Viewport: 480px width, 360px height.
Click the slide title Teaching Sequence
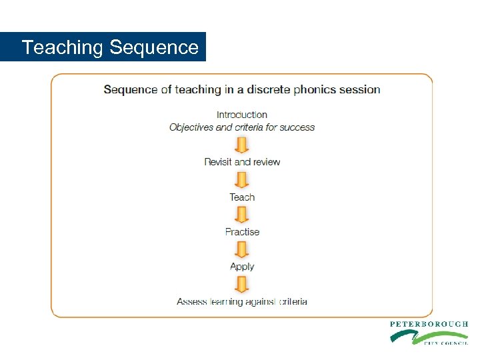click(110, 47)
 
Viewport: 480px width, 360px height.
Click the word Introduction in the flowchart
click(242, 115)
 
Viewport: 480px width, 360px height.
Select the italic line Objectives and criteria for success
click(242, 127)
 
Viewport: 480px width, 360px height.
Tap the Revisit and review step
click(242, 162)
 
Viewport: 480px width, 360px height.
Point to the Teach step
click(242, 197)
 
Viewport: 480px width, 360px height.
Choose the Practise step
click(242, 232)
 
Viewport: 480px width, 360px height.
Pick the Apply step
click(242, 267)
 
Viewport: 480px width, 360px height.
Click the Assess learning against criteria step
click(242, 301)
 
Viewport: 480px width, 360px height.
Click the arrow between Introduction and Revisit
click(242, 145)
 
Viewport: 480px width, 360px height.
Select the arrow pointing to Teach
click(242, 180)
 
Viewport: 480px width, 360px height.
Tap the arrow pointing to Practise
click(242, 215)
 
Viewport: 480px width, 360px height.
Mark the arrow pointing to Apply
click(242, 249)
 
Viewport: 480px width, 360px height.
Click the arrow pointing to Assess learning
click(242, 284)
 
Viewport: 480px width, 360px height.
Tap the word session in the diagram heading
click(361, 89)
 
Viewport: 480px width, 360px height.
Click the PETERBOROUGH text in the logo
click(429, 324)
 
